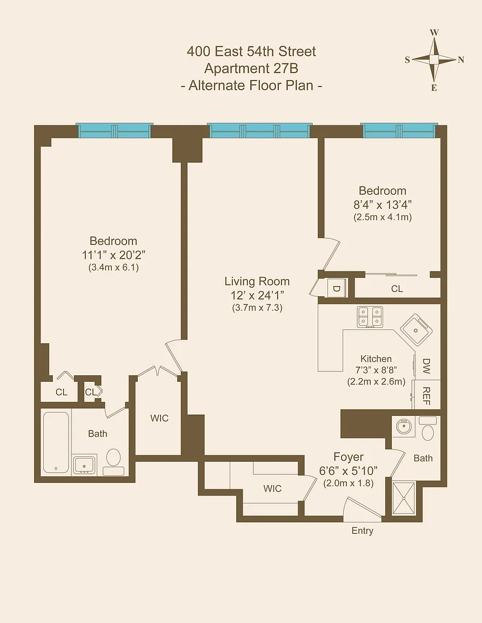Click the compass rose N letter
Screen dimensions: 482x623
click(x=461, y=60)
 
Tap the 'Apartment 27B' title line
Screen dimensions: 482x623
click(x=251, y=68)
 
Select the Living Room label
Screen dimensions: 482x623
click(x=257, y=281)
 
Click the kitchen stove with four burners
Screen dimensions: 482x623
click(x=370, y=317)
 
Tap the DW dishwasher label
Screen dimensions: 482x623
click(x=426, y=366)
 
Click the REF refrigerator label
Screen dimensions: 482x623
click(x=426, y=396)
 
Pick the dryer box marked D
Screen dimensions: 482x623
click(x=336, y=288)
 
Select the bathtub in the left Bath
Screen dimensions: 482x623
click(x=56, y=442)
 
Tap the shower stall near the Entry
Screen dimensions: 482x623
click(x=404, y=498)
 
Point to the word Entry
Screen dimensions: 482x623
click(x=363, y=531)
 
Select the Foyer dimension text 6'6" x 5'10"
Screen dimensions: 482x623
click(x=348, y=471)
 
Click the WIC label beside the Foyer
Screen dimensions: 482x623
click(x=272, y=488)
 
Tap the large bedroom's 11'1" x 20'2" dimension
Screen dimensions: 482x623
click(x=113, y=255)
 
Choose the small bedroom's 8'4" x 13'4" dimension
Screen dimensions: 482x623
click(x=383, y=204)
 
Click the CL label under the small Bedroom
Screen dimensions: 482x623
click(x=397, y=289)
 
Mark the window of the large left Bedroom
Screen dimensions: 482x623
click(x=115, y=130)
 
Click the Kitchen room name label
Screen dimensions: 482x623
click(x=376, y=359)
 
